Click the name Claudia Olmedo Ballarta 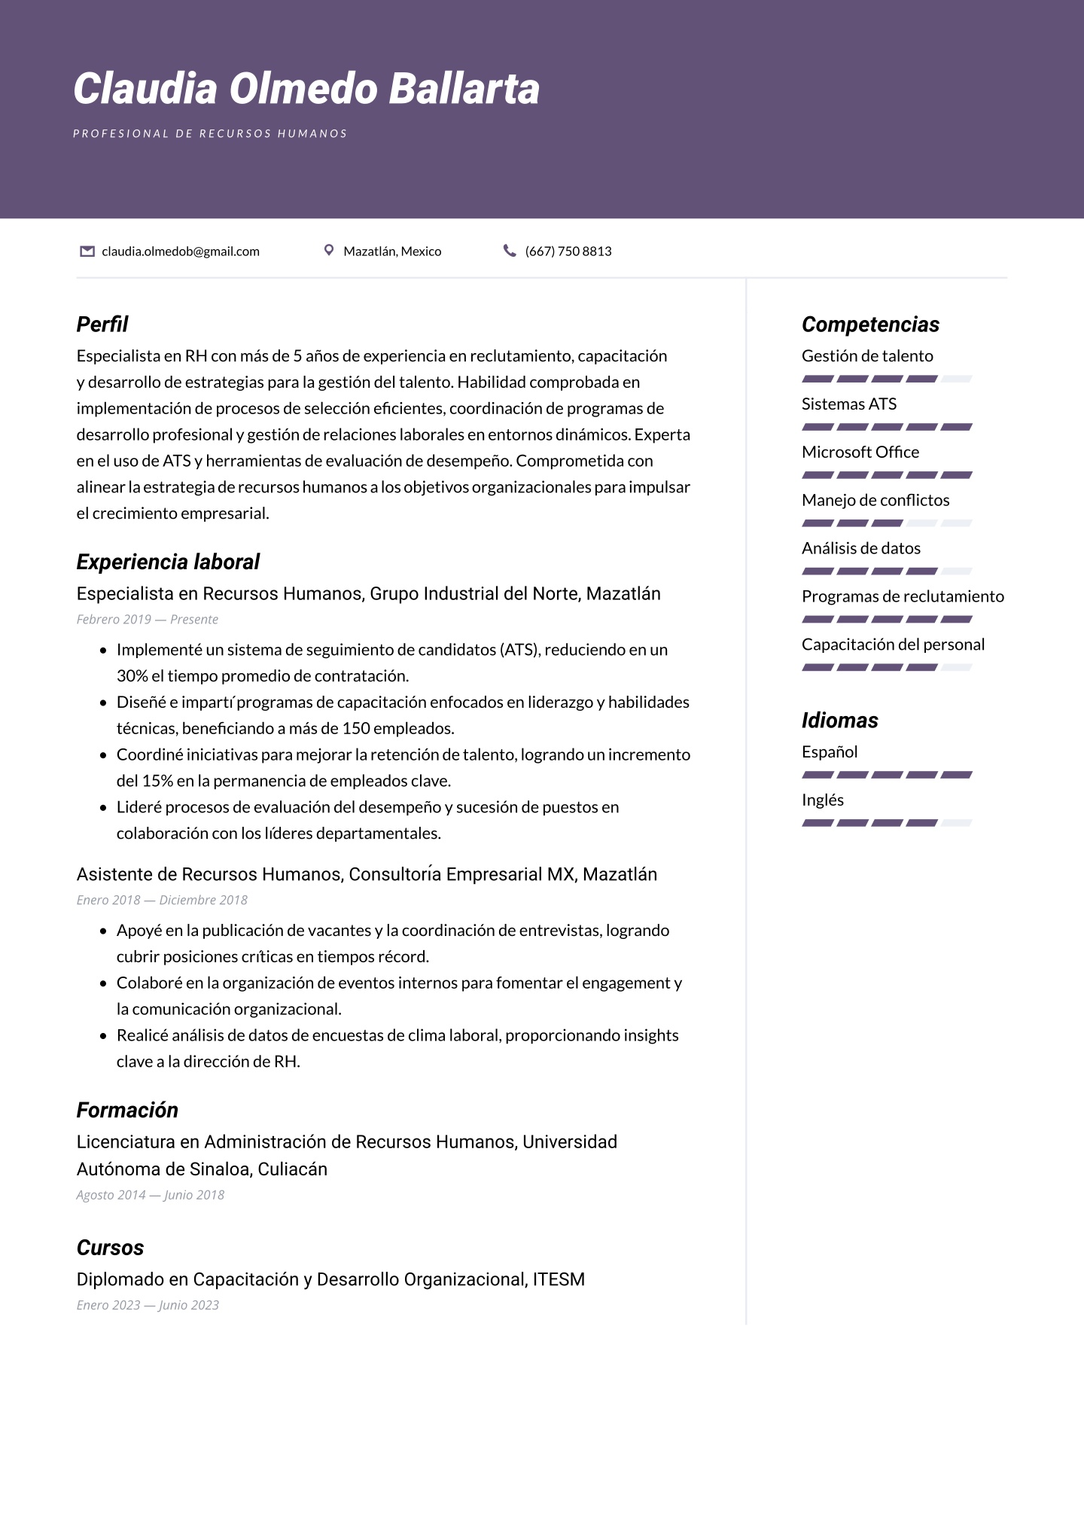click(x=306, y=89)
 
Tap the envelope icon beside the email click(x=87, y=251)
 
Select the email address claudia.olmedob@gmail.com click(x=181, y=251)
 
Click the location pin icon click(x=328, y=250)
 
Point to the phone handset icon click(x=510, y=251)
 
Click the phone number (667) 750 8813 click(x=568, y=251)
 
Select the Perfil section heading click(x=102, y=325)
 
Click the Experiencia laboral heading click(x=168, y=562)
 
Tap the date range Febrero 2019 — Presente click(x=148, y=620)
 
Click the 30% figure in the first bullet click(x=132, y=676)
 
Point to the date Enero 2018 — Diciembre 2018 click(x=162, y=901)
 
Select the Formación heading click(x=127, y=1110)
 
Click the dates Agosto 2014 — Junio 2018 click(x=151, y=1195)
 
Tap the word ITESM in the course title click(x=559, y=1279)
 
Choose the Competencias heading click(x=870, y=325)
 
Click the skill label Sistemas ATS click(x=849, y=404)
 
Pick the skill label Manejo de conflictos click(x=875, y=501)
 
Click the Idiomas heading click(x=840, y=721)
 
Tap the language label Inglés click(x=823, y=800)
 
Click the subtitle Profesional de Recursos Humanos click(x=210, y=134)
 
